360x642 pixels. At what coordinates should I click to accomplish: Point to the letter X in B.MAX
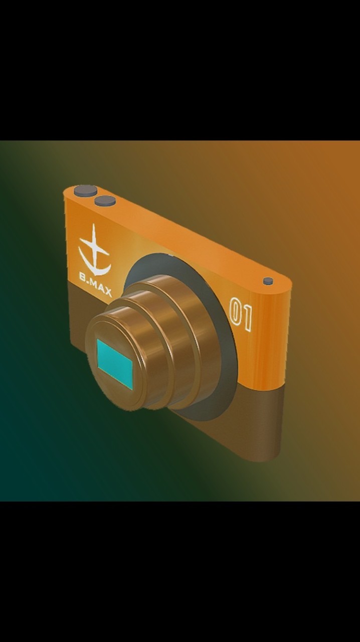point(108,292)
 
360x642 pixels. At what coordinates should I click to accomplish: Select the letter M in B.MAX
point(94,284)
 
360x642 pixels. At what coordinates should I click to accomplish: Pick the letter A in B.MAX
point(101,288)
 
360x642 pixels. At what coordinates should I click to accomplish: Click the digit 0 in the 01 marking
point(236,311)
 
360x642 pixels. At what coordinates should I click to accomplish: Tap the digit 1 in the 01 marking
point(247,318)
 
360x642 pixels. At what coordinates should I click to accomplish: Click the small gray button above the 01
point(268,280)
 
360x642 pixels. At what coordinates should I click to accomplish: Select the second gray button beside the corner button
point(105,200)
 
